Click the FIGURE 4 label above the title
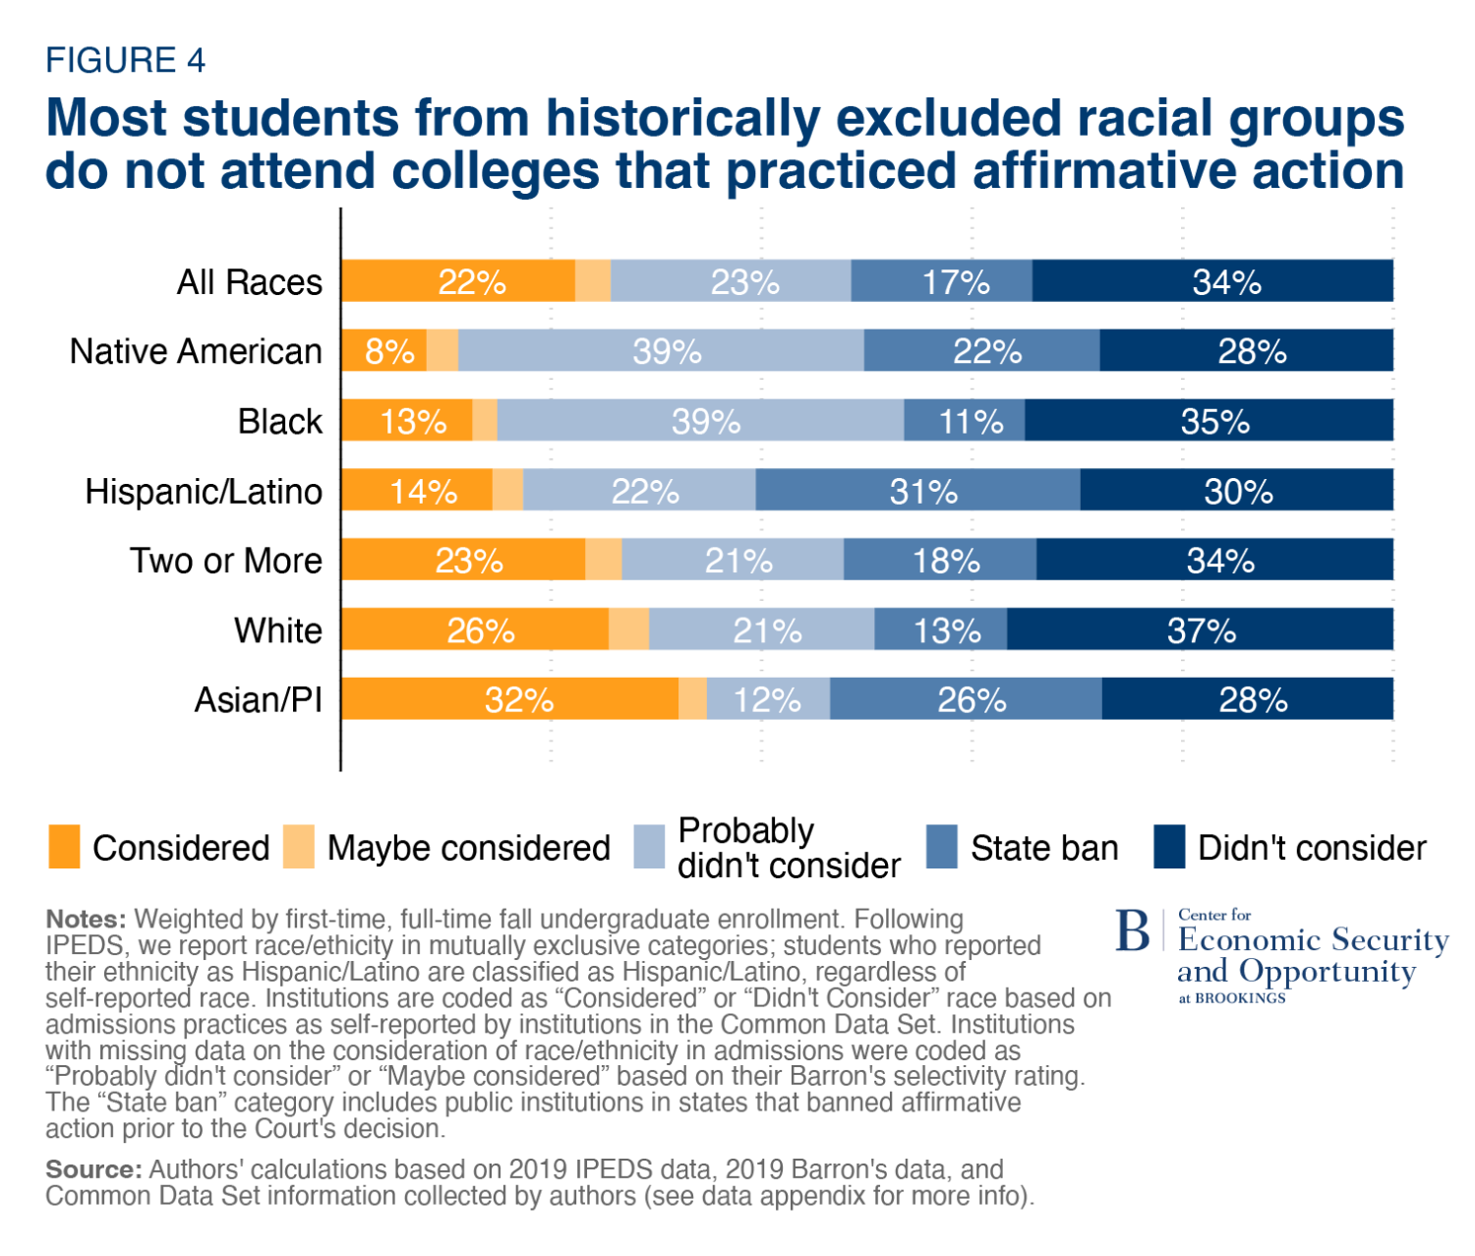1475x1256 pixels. point(125,60)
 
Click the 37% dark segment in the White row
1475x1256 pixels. point(1200,629)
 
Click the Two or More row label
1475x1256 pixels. point(226,561)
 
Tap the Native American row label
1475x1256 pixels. point(196,351)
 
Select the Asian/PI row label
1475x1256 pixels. point(259,700)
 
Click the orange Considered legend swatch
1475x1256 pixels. point(64,847)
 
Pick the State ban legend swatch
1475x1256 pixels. point(942,847)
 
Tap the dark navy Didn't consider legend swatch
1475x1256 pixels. point(1169,847)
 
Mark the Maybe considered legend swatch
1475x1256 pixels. point(299,847)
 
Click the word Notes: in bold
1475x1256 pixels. point(86,920)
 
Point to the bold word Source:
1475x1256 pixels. point(94,1169)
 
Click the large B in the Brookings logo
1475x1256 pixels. point(1133,930)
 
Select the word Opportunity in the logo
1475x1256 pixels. point(1327,972)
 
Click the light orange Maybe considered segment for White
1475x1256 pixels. point(629,629)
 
